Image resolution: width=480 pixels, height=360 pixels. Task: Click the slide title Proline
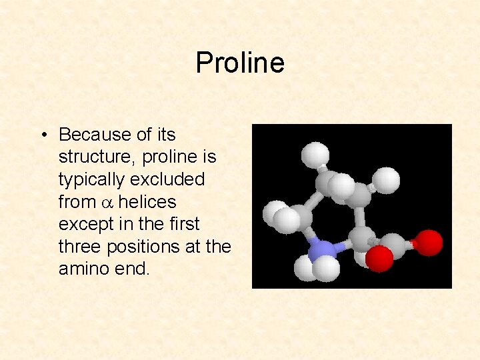tap(240, 63)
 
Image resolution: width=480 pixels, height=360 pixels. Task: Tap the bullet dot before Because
tap(42, 135)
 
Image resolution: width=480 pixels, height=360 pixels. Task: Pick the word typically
tap(91, 180)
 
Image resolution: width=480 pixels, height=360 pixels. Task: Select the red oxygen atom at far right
tap(428, 243)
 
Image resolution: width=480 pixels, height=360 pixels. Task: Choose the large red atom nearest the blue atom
tap(380, 259)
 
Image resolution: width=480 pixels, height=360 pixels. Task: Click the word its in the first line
tap(166, 135)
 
